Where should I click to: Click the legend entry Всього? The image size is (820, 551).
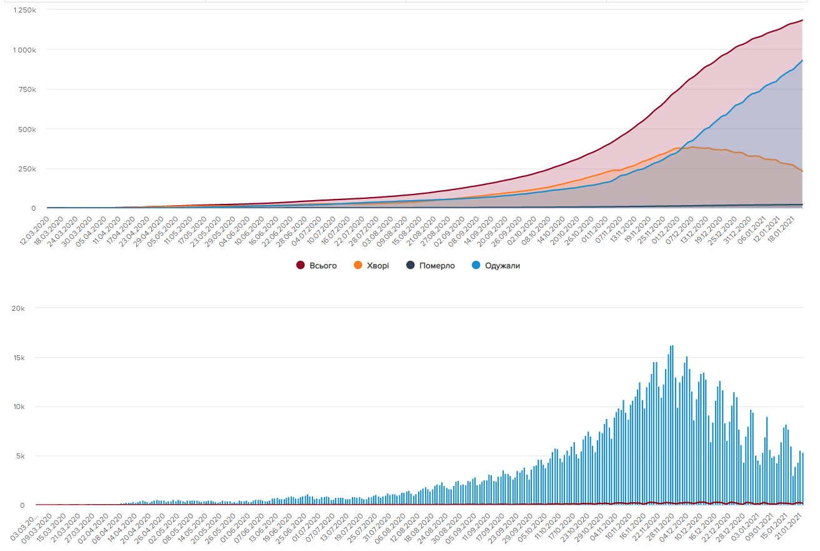[322, 266]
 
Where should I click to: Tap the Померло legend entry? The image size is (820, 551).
[437, 266]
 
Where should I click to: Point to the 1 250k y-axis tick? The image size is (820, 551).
[24, 10]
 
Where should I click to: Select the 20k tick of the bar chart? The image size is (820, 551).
[17, 308]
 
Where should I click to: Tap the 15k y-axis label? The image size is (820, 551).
[17, 358]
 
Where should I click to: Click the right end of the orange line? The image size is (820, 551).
[802, 171]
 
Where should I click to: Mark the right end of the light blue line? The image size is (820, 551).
[802, 61]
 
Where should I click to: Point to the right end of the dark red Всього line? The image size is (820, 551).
[802, 21]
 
